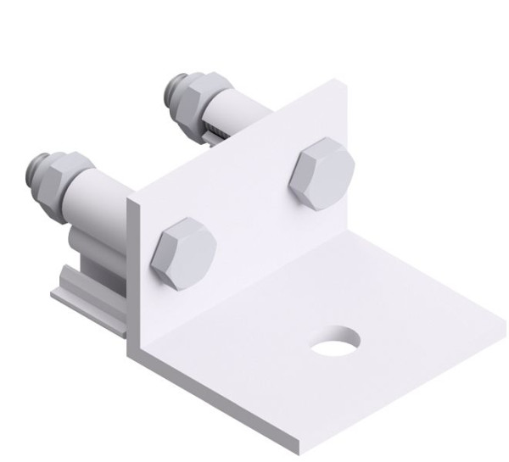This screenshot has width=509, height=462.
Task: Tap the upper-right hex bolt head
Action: coord(321,173)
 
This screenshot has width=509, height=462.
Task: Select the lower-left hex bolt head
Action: coord(183,253)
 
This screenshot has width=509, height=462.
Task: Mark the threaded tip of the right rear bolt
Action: coord(176,88)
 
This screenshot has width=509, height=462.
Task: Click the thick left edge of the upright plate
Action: coord(132,271)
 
